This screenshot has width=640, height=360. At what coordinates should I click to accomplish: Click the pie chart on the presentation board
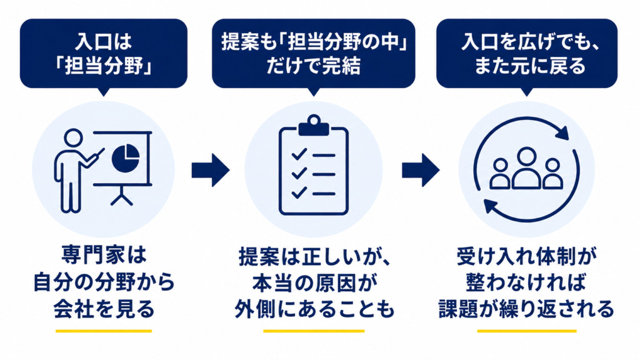click(x=126, y=157)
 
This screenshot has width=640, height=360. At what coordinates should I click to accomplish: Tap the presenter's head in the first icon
click(x=74, y=137)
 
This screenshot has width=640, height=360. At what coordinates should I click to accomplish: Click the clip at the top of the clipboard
click(x=314, y=125)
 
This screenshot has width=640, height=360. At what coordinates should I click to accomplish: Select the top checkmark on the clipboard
click(x=299, y=154)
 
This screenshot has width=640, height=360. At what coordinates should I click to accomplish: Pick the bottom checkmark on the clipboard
click(x=299, y=192)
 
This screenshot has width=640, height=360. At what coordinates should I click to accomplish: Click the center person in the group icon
click(x=526, y=167)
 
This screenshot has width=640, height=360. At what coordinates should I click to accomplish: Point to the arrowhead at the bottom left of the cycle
click(x=491, y=206)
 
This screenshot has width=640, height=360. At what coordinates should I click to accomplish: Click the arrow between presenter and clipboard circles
click(x=211, y=170)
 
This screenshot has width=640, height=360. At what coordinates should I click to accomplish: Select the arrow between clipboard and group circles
click(x=421, y=170)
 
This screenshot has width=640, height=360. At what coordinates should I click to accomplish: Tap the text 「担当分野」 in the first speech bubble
click(x=104, y=66)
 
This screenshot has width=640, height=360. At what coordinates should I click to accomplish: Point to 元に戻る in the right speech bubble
click(x=551, y=66)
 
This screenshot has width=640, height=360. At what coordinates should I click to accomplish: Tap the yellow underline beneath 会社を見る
click(x=104, y=331)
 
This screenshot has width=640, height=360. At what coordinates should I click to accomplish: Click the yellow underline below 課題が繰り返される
click(x=526, y=331)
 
